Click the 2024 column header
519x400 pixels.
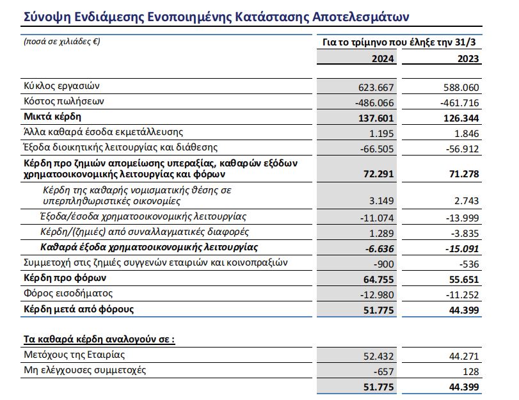(383, 58)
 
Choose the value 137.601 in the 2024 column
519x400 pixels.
(376, 118)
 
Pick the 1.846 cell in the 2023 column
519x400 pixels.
(466, 133)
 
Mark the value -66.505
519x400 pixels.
(377, 148)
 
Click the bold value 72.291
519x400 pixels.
(379, 173)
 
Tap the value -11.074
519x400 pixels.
(377, 218)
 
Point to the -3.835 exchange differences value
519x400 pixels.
(463, 232)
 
